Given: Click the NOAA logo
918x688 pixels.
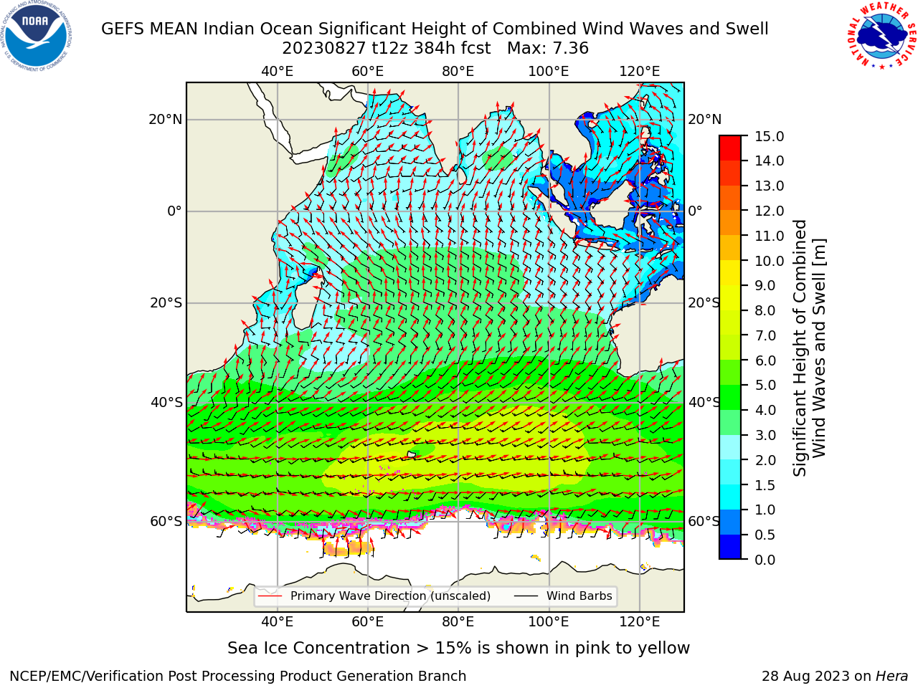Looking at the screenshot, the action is point(37,37).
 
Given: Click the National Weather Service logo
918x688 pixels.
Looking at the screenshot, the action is point(881,36).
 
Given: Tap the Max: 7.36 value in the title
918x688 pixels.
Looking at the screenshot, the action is point(548,49).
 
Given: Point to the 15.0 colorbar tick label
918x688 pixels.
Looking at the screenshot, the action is point(769,136).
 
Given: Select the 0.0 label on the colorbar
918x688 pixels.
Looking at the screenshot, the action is point(765,560).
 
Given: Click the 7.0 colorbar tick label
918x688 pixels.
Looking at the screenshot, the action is point(765,335).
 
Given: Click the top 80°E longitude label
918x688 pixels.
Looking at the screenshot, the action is point(458,72).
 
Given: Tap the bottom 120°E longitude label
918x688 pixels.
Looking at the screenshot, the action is point(640,622).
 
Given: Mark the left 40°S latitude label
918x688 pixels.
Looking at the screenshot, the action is point(166,402).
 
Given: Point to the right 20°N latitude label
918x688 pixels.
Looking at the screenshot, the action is point(705,120).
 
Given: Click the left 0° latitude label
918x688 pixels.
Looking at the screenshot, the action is point(175,211).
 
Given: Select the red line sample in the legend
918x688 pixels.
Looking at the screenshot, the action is point(270,596).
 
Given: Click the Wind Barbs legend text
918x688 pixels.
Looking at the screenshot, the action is point(579,596).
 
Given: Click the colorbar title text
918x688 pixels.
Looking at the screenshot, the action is point(809,348).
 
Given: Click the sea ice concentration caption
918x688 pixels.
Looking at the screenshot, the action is point(458,649).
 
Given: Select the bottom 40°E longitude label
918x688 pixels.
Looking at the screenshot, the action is point(278,622).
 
